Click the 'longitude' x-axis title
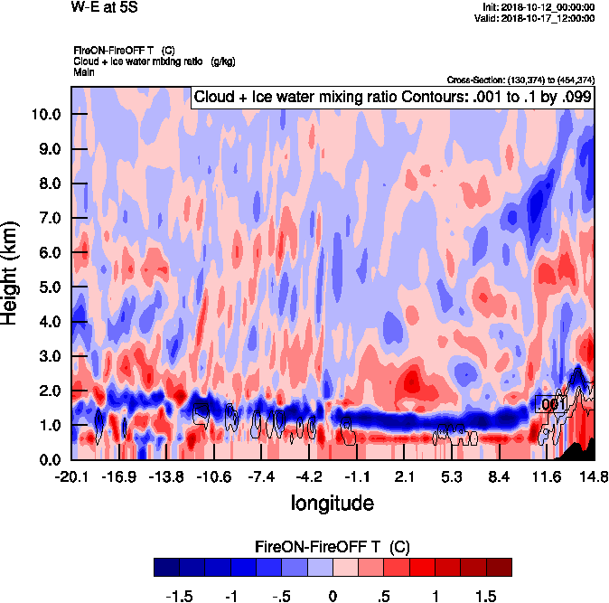click(x=332, y=502)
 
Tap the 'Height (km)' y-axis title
click(x=12, y=272)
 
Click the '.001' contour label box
click(x=550, y=404)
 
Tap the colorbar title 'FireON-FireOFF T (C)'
click(x=333, y=547)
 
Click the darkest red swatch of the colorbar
click(x=499, y=567)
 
